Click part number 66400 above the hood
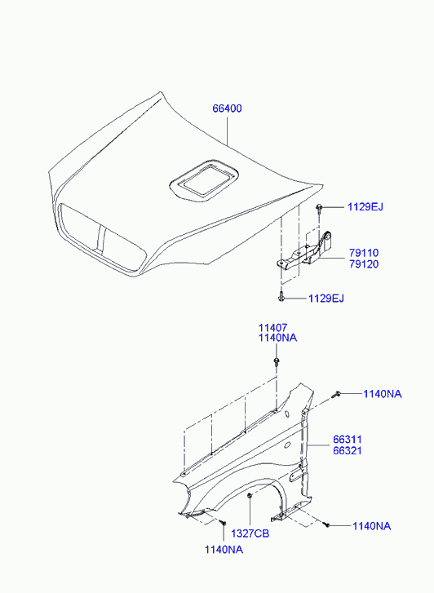(x=227, y=108)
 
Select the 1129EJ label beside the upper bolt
(x=365, y=207)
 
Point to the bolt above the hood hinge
(x=320, y=208)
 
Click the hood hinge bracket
(x=304, y=254)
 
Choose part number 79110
(x=364, y=253)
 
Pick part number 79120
(x=364, y=264)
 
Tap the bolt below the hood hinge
(x=281, y=296)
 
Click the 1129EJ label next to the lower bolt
(x=326, y=299)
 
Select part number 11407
(x=272, y=328)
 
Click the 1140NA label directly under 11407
(x=277, y=338)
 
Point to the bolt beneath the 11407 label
(x=277, y=361)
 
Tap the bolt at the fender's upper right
(x=335, y=395)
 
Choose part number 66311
(x=348, y=440)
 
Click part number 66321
(x=348, y=450)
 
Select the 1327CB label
(x=250, y=533)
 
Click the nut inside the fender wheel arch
(x=250, y=495)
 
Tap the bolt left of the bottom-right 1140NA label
(x=326, y=524)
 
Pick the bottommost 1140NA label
(x=224, y=550)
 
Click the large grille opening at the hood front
(x=102, y=238)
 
